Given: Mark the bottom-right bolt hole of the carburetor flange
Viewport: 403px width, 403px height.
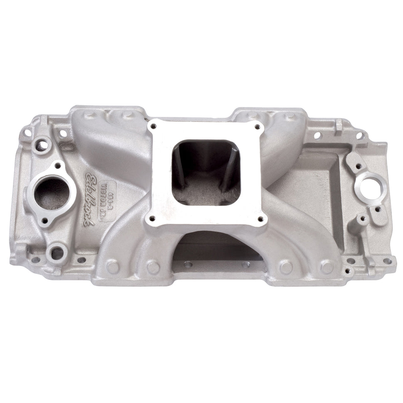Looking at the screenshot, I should (x=260, y=219).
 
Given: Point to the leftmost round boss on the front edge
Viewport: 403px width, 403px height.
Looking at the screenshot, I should (x=111, y=266).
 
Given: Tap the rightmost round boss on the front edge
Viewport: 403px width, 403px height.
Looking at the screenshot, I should (x=327, y=267).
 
